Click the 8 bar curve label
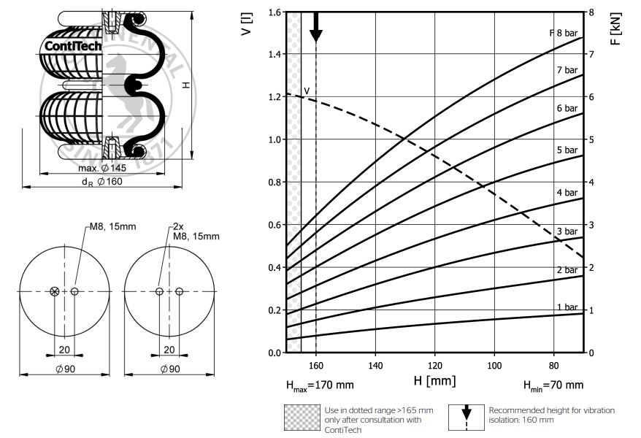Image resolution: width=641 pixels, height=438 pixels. pyautogui.click(x=567, y=33)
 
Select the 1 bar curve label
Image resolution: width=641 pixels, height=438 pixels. pyautogui.click(x=567, y=307)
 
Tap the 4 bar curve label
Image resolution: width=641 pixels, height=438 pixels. pyautogui.click(x=567, y=193)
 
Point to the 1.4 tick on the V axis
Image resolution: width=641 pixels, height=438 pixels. pyautogui.click(x=275, y=54)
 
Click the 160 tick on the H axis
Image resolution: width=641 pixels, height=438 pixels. pyautogui.click(x=316, y=365)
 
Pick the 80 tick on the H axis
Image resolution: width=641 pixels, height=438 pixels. pyautogui.click(x=553, y=365)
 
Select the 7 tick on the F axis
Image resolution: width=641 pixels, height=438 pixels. pyautogui.click(x=591, y=54)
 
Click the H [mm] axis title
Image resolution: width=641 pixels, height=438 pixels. pyautogui.click(x=434, y=381)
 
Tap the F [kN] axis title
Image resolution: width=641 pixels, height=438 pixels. pyautogui.click(x=615, y=28)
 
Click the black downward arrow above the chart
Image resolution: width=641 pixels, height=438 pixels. pyautogui.click(x=316, y=27)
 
